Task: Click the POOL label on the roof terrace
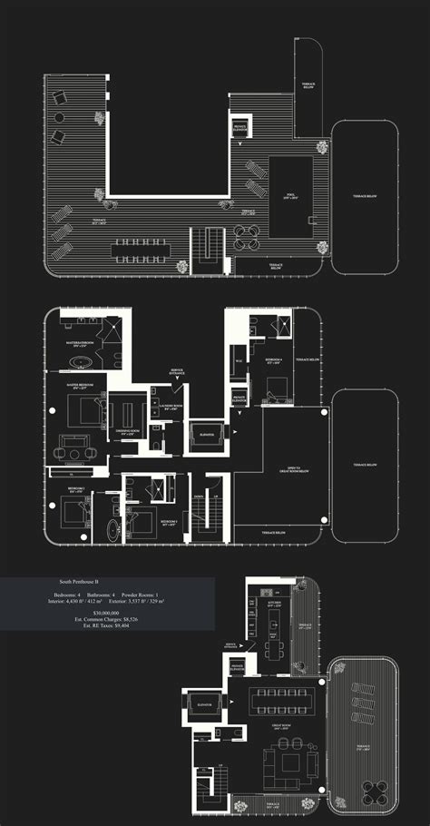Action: pyautogui.click(x=289, y=195)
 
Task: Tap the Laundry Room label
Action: pyautogui.click(x=173, y=407)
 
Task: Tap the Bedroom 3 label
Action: pyautogui.click(x=169, y=522)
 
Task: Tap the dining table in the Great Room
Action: pyautogui.click(x=284, y=699)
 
